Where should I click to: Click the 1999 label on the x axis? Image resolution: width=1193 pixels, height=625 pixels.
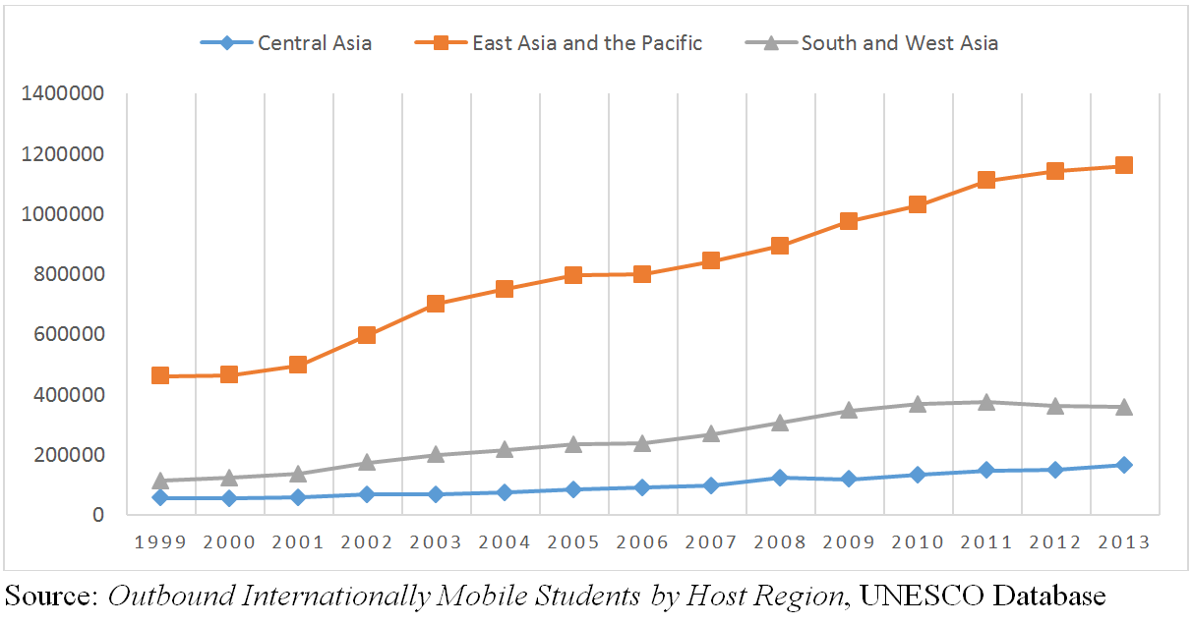tap(160, 542)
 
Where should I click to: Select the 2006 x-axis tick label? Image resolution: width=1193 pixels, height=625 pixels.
tap(642, 542)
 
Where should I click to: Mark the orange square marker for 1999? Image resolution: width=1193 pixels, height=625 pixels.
tap(160, 375)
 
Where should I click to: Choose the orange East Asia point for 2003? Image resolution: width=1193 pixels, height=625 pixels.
tap(436, 304)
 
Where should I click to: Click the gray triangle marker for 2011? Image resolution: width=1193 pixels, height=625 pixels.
tap(986, 402)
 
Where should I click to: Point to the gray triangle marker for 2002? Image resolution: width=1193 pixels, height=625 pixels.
tap(367, 462)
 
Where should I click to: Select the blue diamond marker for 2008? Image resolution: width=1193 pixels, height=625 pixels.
tap(780, 478)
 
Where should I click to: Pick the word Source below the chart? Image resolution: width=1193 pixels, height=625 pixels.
tap(48, 597)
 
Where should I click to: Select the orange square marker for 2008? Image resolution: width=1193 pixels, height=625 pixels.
tap(780, 246)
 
